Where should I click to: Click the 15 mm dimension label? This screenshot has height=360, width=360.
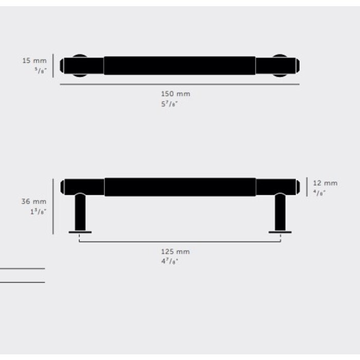[x=34, y=61]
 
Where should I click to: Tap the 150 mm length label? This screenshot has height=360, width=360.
[x=175, y=94]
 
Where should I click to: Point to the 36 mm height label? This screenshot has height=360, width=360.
[x=33, y=202]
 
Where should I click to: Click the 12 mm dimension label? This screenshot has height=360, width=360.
[x=325, y=183]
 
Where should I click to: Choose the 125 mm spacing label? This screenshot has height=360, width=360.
[x=175, y=251]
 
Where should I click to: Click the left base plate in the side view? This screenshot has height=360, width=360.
[x=80, y=232]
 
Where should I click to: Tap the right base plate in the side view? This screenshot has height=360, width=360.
[x=280, y=232]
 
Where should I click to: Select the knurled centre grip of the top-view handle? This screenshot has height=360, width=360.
[x=179, y=65]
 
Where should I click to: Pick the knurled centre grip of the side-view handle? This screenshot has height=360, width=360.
[x=179, y=187]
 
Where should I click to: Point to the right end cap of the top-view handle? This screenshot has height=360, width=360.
[x=297, y=66]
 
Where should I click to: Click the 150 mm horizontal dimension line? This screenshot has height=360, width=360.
[x=179, y=84]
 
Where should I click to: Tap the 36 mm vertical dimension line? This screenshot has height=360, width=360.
[x=53, y=206]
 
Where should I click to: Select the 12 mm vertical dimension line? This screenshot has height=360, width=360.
[x=307, y=187]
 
